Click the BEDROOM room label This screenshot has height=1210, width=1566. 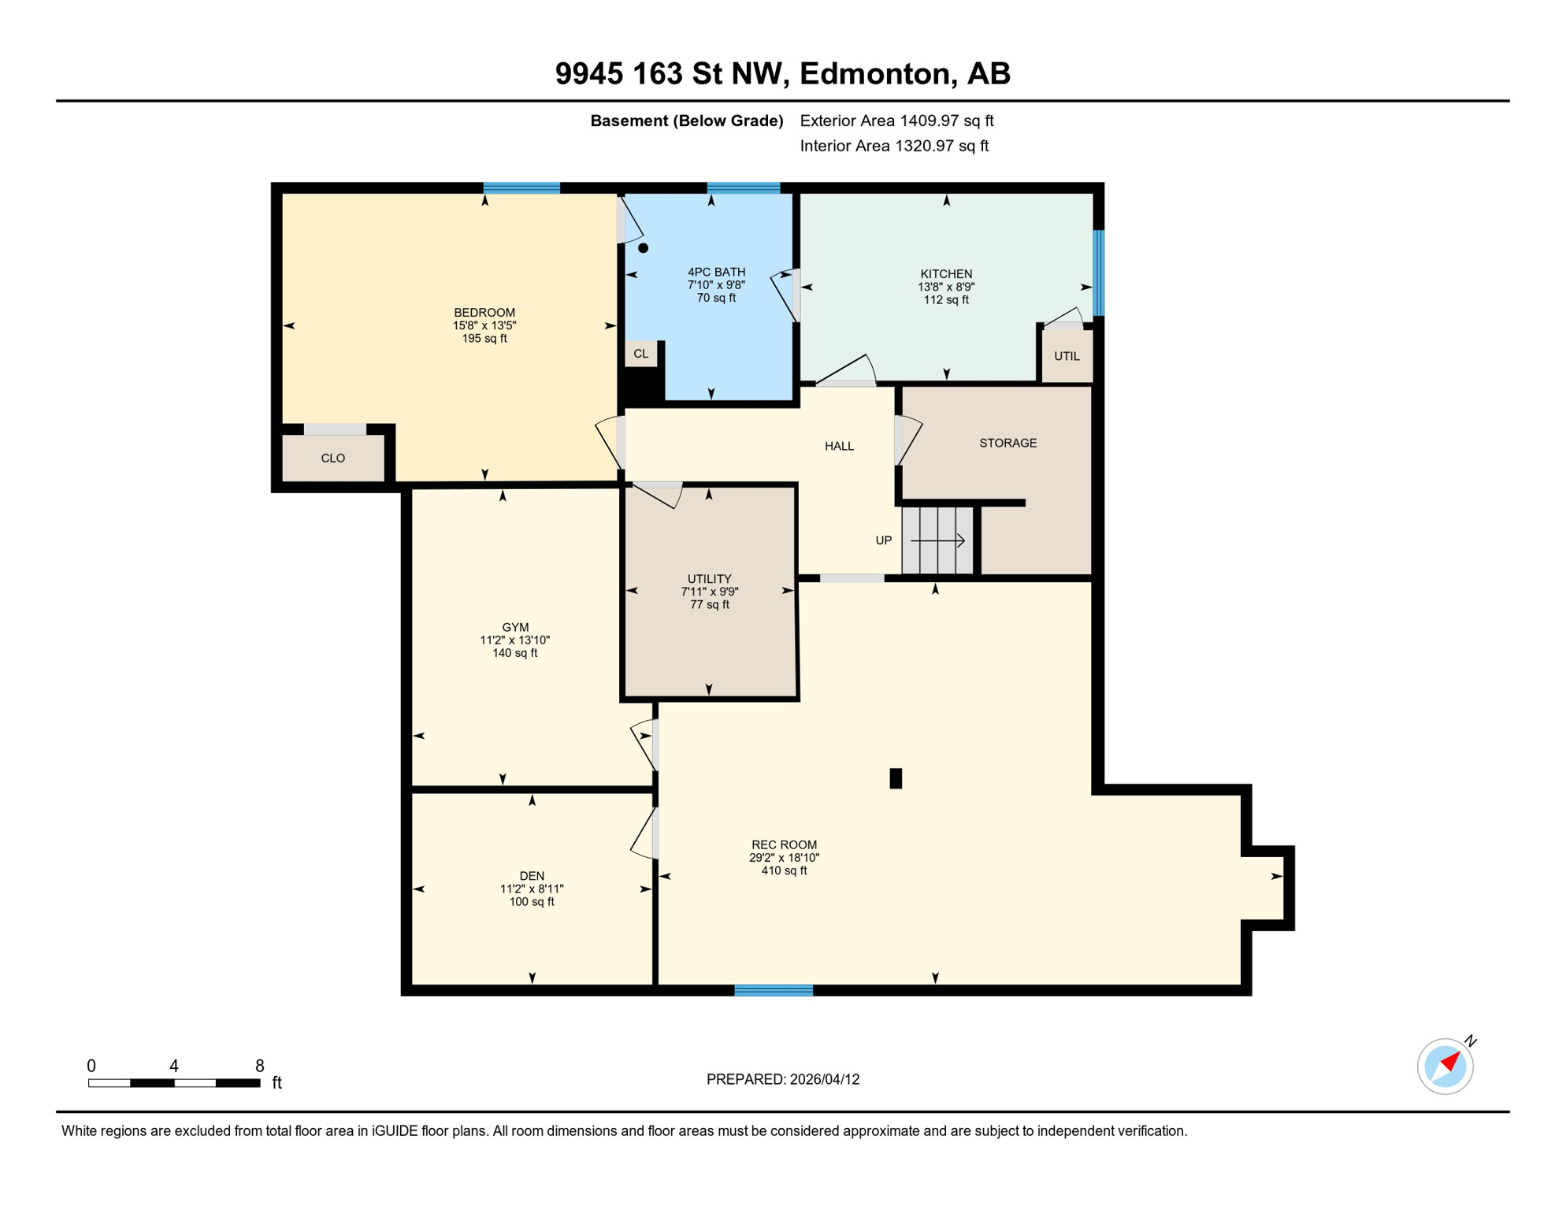484,313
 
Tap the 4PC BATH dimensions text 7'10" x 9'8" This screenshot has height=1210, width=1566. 715,285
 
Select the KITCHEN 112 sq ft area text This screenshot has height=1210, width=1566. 945,300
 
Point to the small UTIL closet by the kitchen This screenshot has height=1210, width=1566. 1067,356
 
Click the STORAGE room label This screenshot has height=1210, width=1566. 1008,443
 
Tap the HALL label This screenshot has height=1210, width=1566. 839,446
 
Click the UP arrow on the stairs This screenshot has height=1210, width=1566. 937,540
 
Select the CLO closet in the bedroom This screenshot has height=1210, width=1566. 332,458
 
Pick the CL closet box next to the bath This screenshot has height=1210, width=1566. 640,354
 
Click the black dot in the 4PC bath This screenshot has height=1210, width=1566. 643,248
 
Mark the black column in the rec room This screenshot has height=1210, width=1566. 895,778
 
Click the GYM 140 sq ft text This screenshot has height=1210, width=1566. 514,653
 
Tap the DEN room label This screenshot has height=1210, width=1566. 532,876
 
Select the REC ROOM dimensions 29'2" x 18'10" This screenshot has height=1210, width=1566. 784,858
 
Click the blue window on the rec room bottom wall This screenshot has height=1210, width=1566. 773,990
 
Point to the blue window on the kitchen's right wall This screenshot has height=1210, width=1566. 1098,273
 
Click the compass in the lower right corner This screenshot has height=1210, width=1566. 1445,1067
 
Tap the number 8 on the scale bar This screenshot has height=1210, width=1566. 259,1066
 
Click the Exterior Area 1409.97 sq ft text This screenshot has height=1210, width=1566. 896,121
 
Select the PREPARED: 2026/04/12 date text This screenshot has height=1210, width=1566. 782,1079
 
